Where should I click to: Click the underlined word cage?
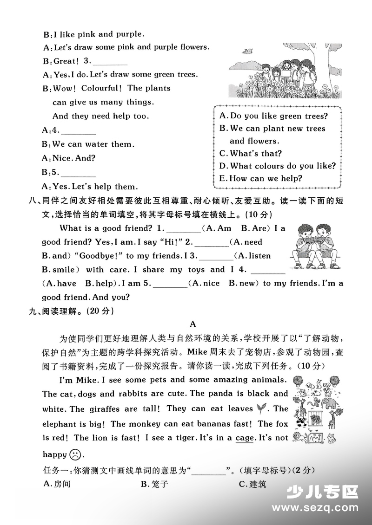coord(245,438)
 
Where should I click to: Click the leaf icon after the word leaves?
coord(262,408)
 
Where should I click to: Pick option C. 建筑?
coord(252,484)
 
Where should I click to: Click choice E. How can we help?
coord(260,178)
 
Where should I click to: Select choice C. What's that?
coord(250,153)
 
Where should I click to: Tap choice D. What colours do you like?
coord(277,166)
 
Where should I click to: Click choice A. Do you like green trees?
coord(273,116)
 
